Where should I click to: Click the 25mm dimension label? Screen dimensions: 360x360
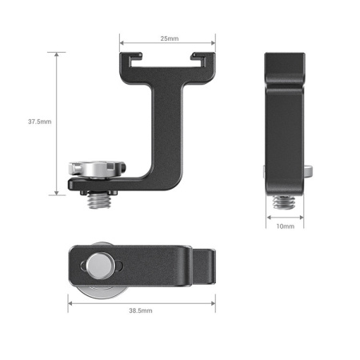pyautogui.click(x=167, y=38)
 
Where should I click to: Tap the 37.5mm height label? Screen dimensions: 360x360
pyautogui.click(x=39, y=122)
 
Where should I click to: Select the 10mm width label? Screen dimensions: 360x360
pyautogui.click(x=285, y=226)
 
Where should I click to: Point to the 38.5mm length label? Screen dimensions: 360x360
pyautogui.click(x=141, y=309)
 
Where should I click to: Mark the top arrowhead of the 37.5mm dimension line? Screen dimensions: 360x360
pyautogui.click(x=55, y=54)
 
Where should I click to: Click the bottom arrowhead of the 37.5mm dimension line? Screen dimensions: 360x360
pyautogui.click(x=55, y=193)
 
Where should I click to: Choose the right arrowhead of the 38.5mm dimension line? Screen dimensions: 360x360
pyautogui.click(x=214, y=301)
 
